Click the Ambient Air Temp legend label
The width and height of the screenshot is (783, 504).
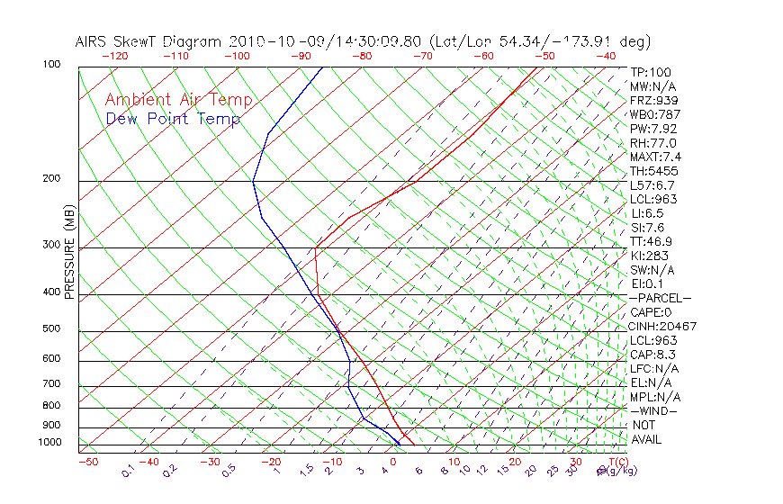coord(178,100)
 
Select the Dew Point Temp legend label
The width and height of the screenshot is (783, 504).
coord(172,119)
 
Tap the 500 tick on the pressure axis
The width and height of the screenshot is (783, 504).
coord(52,328)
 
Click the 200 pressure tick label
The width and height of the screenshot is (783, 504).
coord(52,178)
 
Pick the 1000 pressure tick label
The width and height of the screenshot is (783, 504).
coord(50,443)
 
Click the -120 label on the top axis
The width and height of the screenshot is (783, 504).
coord(115,56)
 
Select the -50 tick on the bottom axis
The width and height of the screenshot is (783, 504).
coord(87,462)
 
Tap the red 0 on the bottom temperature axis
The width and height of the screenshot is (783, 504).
coord(392,462)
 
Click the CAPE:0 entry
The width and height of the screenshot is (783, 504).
coord(651,311)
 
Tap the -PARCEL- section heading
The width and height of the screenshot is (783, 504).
coord(660,298)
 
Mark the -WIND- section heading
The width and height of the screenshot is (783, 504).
coord(654,410)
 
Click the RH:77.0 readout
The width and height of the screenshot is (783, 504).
coord(653,142)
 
